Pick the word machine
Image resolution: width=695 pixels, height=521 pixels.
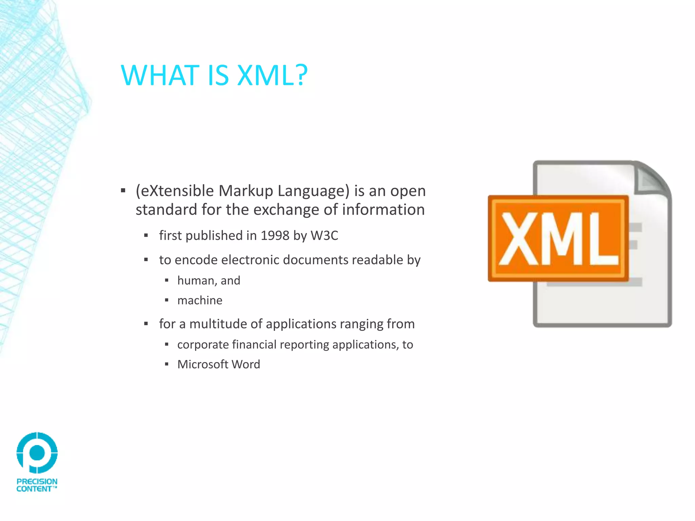[200, 301]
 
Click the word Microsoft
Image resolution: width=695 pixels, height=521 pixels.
[203, 364]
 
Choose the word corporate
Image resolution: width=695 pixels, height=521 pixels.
[203, 345]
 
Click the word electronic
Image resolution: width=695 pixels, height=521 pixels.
[250, 260]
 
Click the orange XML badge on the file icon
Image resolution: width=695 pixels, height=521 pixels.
[558, 238]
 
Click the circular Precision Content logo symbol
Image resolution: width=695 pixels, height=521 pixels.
[37, 452]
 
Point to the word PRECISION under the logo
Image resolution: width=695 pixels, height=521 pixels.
[37, 481]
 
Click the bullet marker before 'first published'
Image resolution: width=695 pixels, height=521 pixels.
[146, 235]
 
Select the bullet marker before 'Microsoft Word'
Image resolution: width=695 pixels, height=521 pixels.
[167, 365]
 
